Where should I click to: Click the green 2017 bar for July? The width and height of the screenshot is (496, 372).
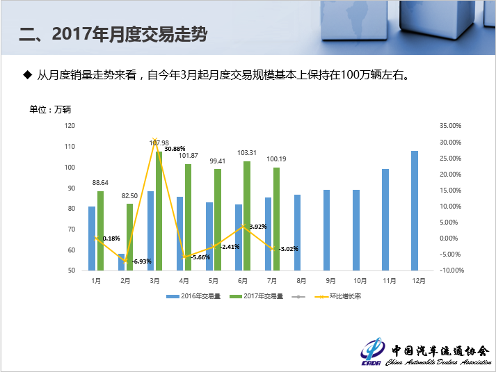coord(276,218)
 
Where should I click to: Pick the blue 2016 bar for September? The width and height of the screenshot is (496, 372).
coord(326,229)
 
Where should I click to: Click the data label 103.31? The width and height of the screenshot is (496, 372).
coord(248,152)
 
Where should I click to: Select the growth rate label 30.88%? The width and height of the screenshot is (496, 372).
coord(175,149)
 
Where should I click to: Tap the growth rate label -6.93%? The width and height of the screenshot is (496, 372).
coord(142,261)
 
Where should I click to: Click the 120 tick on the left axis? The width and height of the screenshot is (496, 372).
coord(70,126)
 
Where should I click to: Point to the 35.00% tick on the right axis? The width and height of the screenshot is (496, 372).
coord(451,126)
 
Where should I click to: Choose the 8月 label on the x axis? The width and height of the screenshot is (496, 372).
coord(301,280)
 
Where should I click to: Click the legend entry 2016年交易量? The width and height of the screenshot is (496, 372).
coord(196,296)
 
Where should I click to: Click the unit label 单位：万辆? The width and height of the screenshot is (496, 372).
coord(50,109)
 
